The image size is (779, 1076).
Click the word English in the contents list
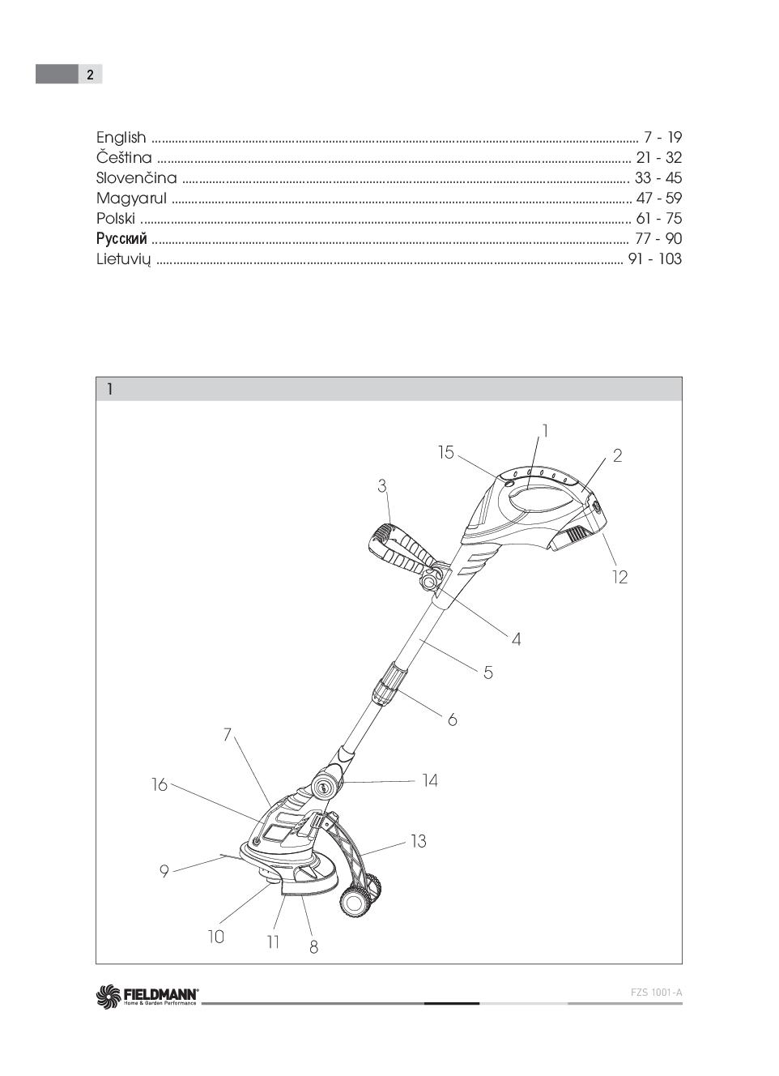pos(121,138)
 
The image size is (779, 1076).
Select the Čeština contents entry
pos(124,158)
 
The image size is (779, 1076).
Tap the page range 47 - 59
pos(658,199)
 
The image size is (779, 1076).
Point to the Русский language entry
pos(121,239)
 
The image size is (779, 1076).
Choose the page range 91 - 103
pos(654,259)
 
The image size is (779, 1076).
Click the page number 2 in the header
pos(90,75)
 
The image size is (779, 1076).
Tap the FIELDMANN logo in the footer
pos(147,995)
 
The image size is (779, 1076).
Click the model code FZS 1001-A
pos(656,993)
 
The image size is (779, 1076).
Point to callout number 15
pos(446,452)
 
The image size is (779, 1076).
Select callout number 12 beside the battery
pos(619,578)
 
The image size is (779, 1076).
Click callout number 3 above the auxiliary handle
pos(382,486)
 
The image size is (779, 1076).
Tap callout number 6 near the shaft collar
pos(453,719)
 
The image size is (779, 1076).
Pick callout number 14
pos(430,781)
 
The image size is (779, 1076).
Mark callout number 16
pos(160,784)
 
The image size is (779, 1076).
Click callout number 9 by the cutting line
pos(164,872)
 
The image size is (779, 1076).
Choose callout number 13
pos(418,842)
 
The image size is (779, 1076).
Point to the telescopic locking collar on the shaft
pos(388,683)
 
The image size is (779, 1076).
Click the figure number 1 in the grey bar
pos(110,390)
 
